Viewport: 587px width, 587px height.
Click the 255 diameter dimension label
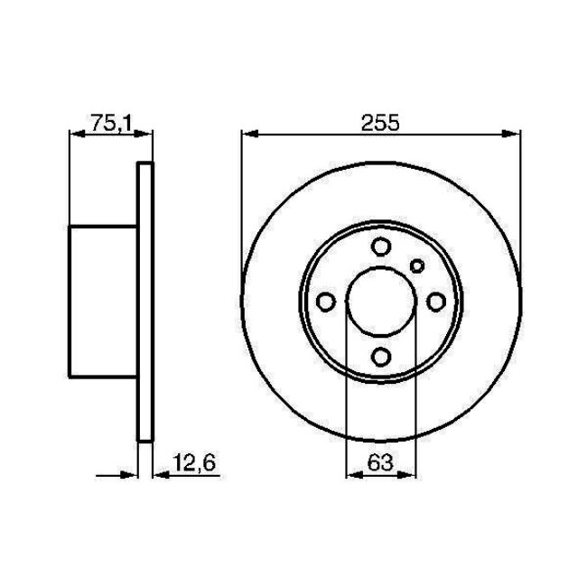coord(380,123)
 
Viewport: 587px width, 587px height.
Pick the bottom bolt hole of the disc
coord(381,355)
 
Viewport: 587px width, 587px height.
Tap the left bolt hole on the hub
coord(328,302)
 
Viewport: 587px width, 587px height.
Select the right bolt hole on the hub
coord(434,302)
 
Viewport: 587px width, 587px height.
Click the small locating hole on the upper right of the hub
coord(416,265)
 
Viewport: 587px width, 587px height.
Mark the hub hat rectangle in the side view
coord(103,301)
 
